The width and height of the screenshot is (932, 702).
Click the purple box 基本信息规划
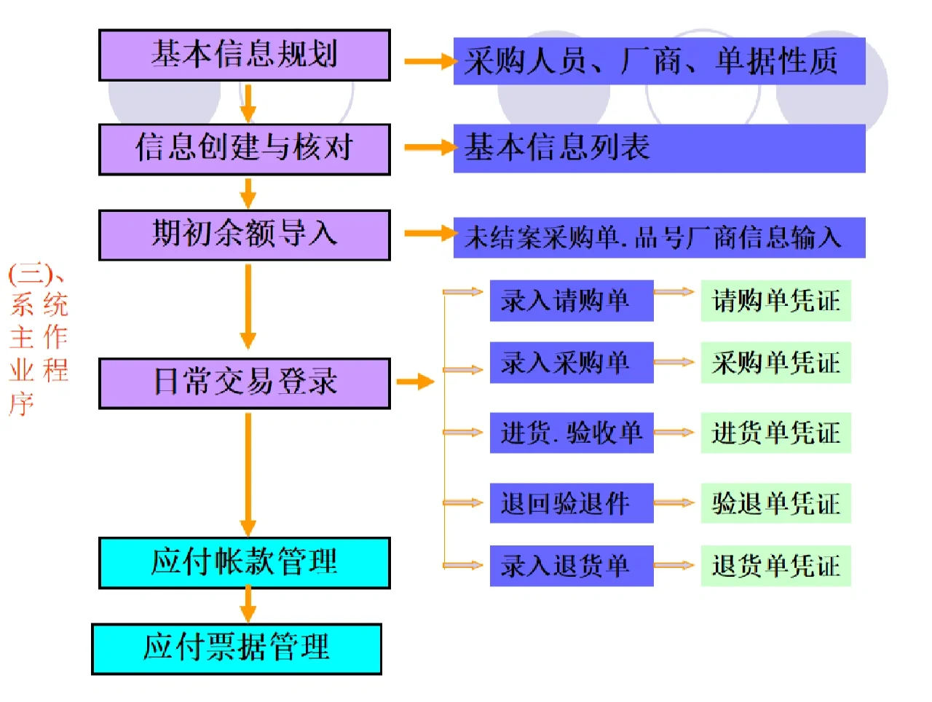point(244,55)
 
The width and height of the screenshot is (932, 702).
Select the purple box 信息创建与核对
point(244,149)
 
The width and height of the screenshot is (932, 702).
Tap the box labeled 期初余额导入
point(244,234)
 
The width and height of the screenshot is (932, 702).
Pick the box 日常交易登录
point(244,382)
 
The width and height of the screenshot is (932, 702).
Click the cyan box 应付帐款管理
point(244,562)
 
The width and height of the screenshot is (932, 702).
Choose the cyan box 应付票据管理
point(237,648)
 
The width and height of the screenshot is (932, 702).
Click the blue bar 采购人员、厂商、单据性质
point(659,61)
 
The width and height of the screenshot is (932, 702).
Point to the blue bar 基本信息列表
point(659,149)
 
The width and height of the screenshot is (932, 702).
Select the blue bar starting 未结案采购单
point(659,237)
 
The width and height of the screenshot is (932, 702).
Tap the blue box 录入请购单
point(571,301)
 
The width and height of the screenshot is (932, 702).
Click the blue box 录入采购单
point(571,363)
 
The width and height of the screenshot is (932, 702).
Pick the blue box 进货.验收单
point(571,433)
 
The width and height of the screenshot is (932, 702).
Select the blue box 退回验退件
point(571,503)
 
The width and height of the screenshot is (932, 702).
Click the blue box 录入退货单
point(571,566)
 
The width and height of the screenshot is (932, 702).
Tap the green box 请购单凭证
point(775,301)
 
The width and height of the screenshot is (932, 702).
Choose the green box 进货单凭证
point(775,433)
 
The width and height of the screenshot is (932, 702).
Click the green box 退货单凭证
point(775,566)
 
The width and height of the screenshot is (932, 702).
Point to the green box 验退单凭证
point(775,503)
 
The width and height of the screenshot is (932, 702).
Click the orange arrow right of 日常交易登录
point(416,382)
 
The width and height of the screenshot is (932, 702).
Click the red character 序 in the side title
point(22,402)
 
